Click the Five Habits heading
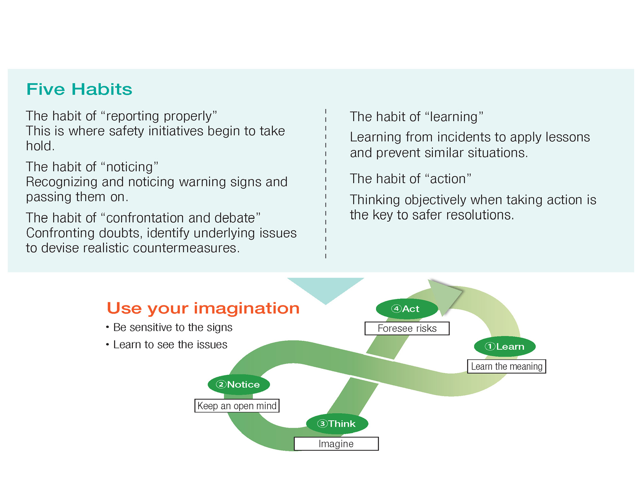(x=79, y=89)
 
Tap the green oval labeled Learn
(x=505, y=346)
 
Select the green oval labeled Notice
(x=239, y=384)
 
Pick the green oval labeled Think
(x=337, y=424)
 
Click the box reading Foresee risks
(x=407, y=328)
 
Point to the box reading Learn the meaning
(x=506, y=366)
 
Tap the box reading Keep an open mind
(x=237, y=406)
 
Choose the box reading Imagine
(x=336, y=444)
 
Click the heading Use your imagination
(x=203, y=308)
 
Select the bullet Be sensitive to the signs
(x=172, y=327)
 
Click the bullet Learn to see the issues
(x=170, y=344)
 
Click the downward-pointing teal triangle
(x=326, y=288)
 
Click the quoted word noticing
(x=130, y=167)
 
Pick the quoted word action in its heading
(x=448, y=179)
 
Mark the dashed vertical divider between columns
(x=326, y=184)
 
